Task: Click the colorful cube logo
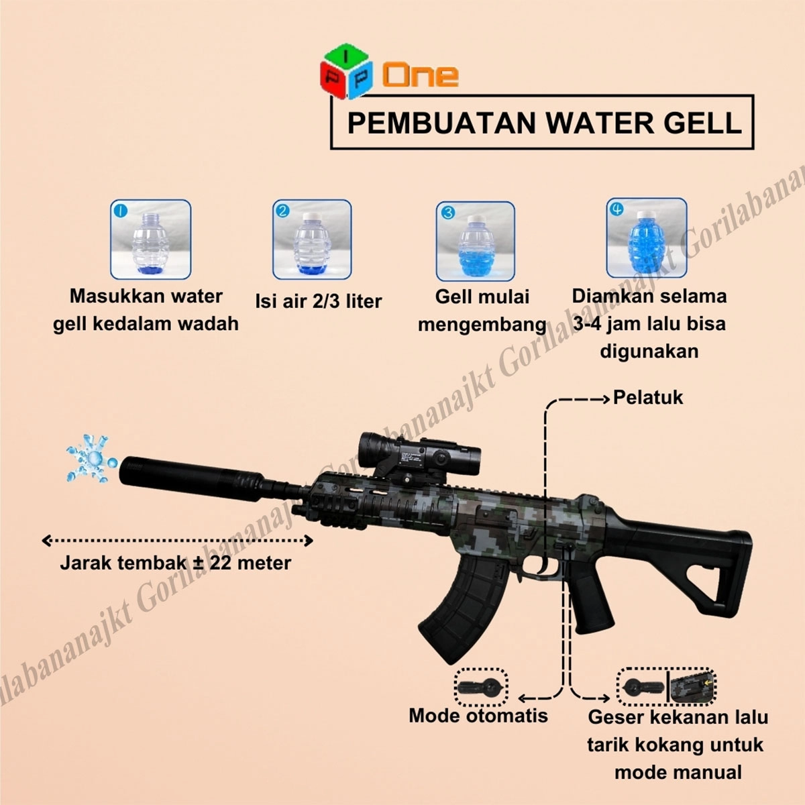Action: click(345, 71)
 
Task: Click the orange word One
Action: click(420, 76)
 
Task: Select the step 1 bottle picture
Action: click(151, 239)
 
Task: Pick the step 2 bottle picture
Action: click(312, 239)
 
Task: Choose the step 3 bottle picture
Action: click(476, 241)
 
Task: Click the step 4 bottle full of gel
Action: click(646, 238)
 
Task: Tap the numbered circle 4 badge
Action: click(616, 209)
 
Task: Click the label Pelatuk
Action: click(648, 397)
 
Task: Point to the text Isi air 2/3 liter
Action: click(319, 301)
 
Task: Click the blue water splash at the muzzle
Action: click(91, 458)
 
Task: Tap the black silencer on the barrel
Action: click(192, 478)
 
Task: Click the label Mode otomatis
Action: click(478, 716)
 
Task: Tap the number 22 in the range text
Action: click(222, 563)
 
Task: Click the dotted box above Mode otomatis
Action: click(481, 688)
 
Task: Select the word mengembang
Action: click(482, 325)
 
